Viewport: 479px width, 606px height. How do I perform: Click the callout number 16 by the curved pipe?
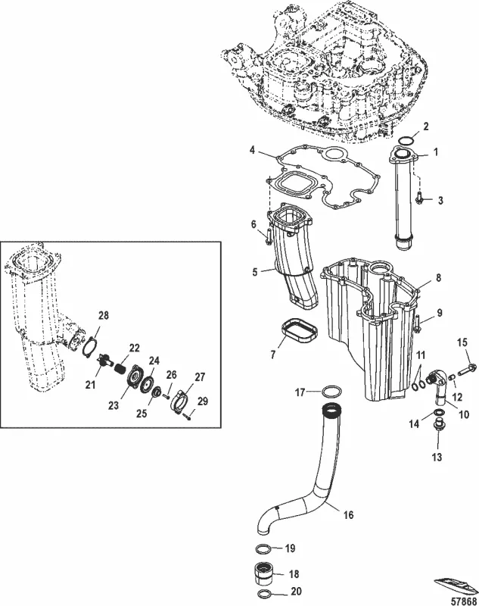click(348, 515)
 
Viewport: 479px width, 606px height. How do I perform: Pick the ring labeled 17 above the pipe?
click(331, 392)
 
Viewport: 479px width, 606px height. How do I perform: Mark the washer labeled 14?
click(438, 415)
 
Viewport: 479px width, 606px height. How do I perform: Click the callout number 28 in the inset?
click(103, 314)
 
